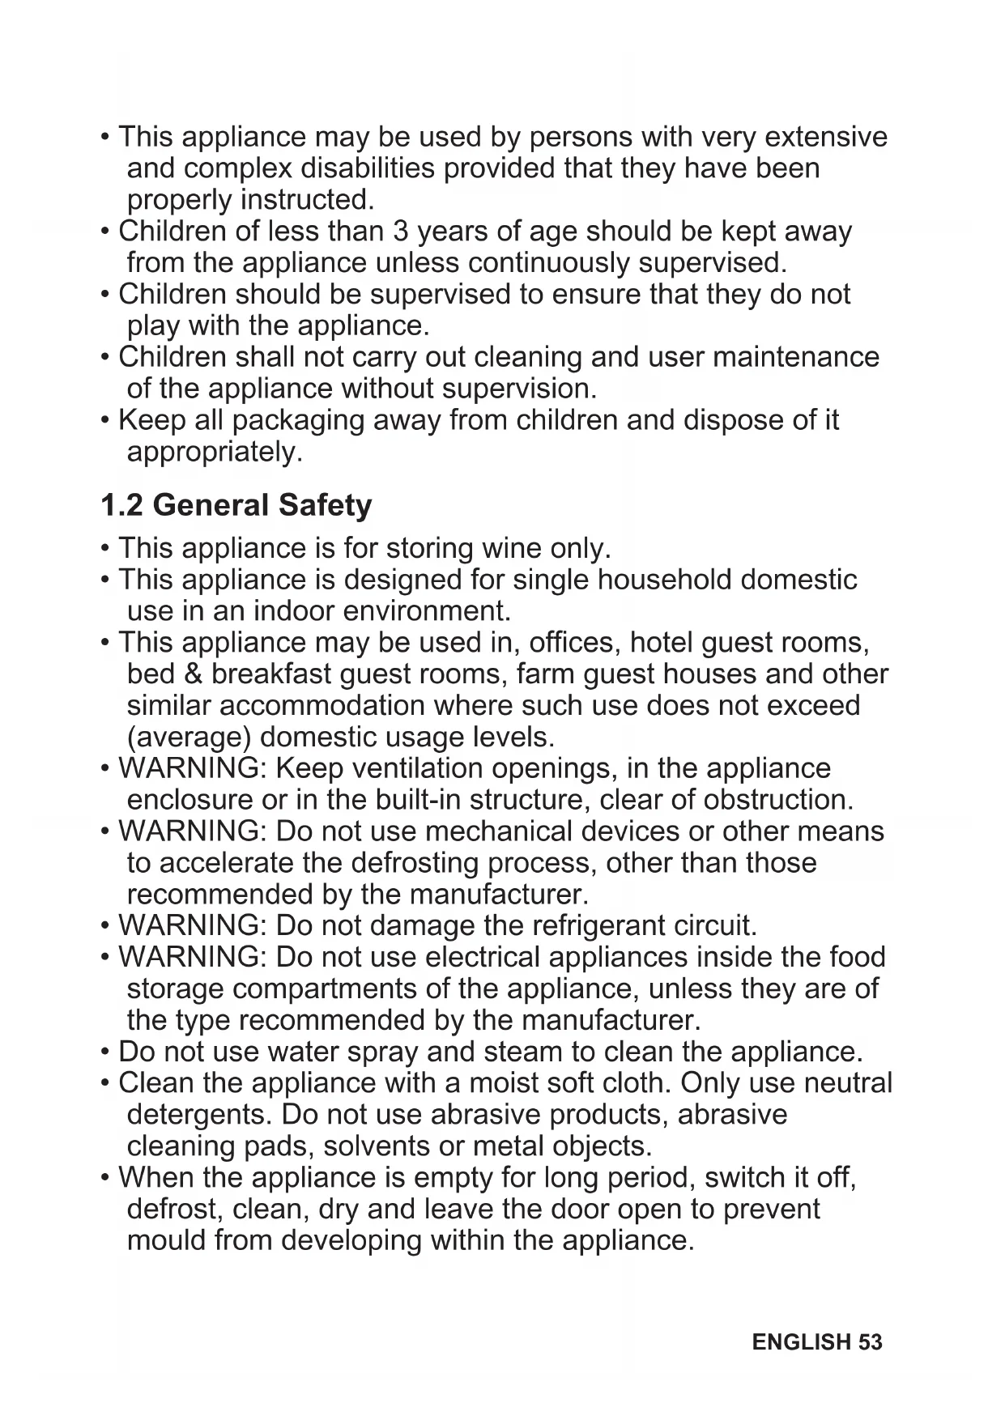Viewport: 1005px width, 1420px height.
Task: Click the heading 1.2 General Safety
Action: click(x=236, y=505)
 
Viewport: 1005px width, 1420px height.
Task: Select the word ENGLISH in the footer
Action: click(x=801, y=1341)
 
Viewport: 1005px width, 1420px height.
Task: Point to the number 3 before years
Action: click(x=400, y=232)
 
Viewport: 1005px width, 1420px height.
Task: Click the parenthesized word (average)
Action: click(x=189, y=738)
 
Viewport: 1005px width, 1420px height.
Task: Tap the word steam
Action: click(x=522, y=1052)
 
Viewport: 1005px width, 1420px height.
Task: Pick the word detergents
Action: click(x=199, y=1116)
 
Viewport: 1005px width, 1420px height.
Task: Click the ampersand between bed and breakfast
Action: click(x=194, y=674)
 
